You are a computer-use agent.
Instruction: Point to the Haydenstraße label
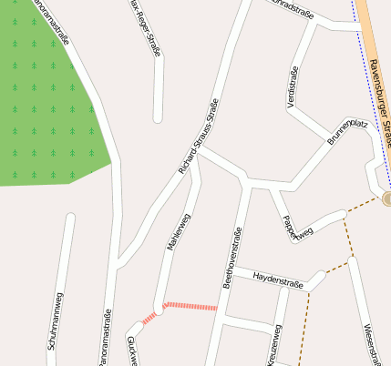click(x=278, y=275)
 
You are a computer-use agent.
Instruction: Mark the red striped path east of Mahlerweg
click(x=190, y=306)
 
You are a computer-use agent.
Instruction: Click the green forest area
click(x=46, y=100)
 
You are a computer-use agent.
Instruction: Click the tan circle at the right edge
click(x=387, y=198)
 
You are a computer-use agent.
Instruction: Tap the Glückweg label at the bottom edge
click(x=131, y=355)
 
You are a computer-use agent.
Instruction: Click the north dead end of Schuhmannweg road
click(x=69, y=217)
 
